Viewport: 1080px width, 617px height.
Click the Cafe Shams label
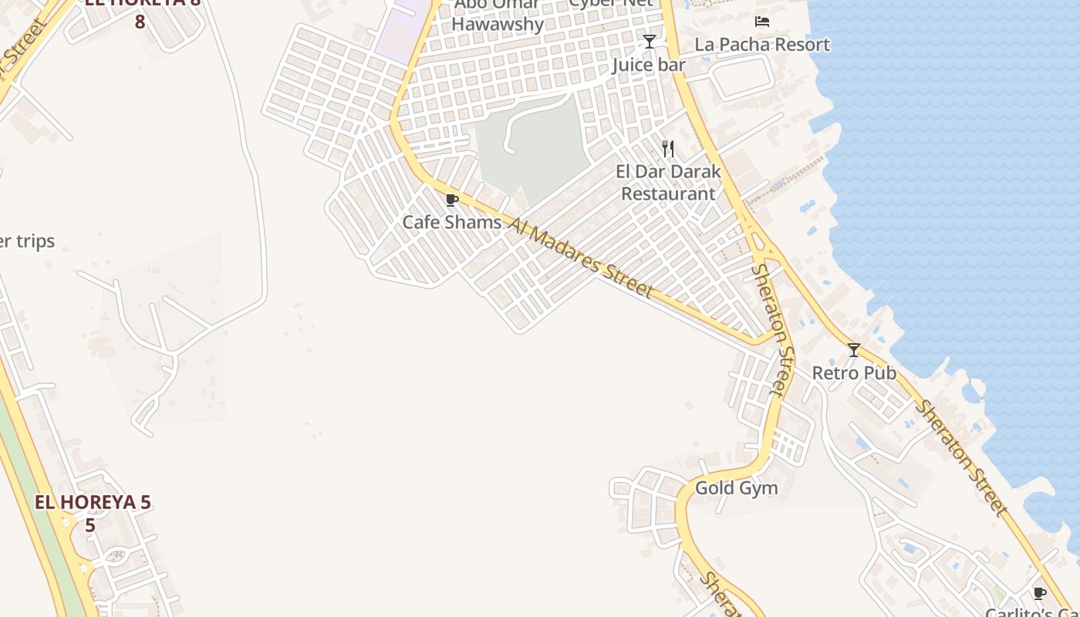451,222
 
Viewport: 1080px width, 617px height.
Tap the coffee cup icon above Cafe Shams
452,201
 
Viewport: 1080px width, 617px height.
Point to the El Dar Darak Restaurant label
669,183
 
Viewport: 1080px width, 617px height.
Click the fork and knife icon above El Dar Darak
668,149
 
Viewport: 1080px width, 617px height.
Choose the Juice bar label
649,65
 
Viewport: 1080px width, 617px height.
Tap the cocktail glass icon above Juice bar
650,42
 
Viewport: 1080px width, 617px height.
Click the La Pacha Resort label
762,45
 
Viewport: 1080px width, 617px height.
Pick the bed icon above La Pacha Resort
762,21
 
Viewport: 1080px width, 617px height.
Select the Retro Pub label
854,373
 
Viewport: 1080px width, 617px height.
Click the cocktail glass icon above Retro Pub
854,350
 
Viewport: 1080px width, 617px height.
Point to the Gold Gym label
737,488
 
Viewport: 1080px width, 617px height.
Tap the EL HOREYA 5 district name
93,503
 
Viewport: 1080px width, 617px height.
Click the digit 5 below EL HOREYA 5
90,526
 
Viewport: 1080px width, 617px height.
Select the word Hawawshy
498,25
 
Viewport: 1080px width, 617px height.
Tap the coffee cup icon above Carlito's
1039,593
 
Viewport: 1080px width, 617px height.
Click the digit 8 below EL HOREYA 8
140,22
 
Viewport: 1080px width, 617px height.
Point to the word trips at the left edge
35,241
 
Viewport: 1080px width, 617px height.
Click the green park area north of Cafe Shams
540,147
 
